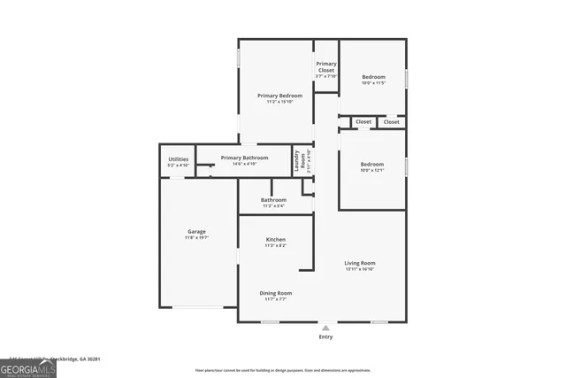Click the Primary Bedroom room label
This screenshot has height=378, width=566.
(279, 96)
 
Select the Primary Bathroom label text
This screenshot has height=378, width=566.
(232, 158)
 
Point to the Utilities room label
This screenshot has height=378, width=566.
(178, 159)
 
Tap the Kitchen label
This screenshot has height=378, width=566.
(276, 240)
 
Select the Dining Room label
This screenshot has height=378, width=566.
(275, 293)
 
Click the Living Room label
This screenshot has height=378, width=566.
(360, 263)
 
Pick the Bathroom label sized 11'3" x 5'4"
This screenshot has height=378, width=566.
(273, 200)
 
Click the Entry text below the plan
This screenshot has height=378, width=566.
(325, 337)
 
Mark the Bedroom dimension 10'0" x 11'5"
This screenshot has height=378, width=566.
(373, 83)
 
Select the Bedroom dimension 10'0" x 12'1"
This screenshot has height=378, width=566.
(372, 171)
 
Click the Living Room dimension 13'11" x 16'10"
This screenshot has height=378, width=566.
(360, 269)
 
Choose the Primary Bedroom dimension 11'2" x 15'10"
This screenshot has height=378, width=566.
(279, 102)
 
